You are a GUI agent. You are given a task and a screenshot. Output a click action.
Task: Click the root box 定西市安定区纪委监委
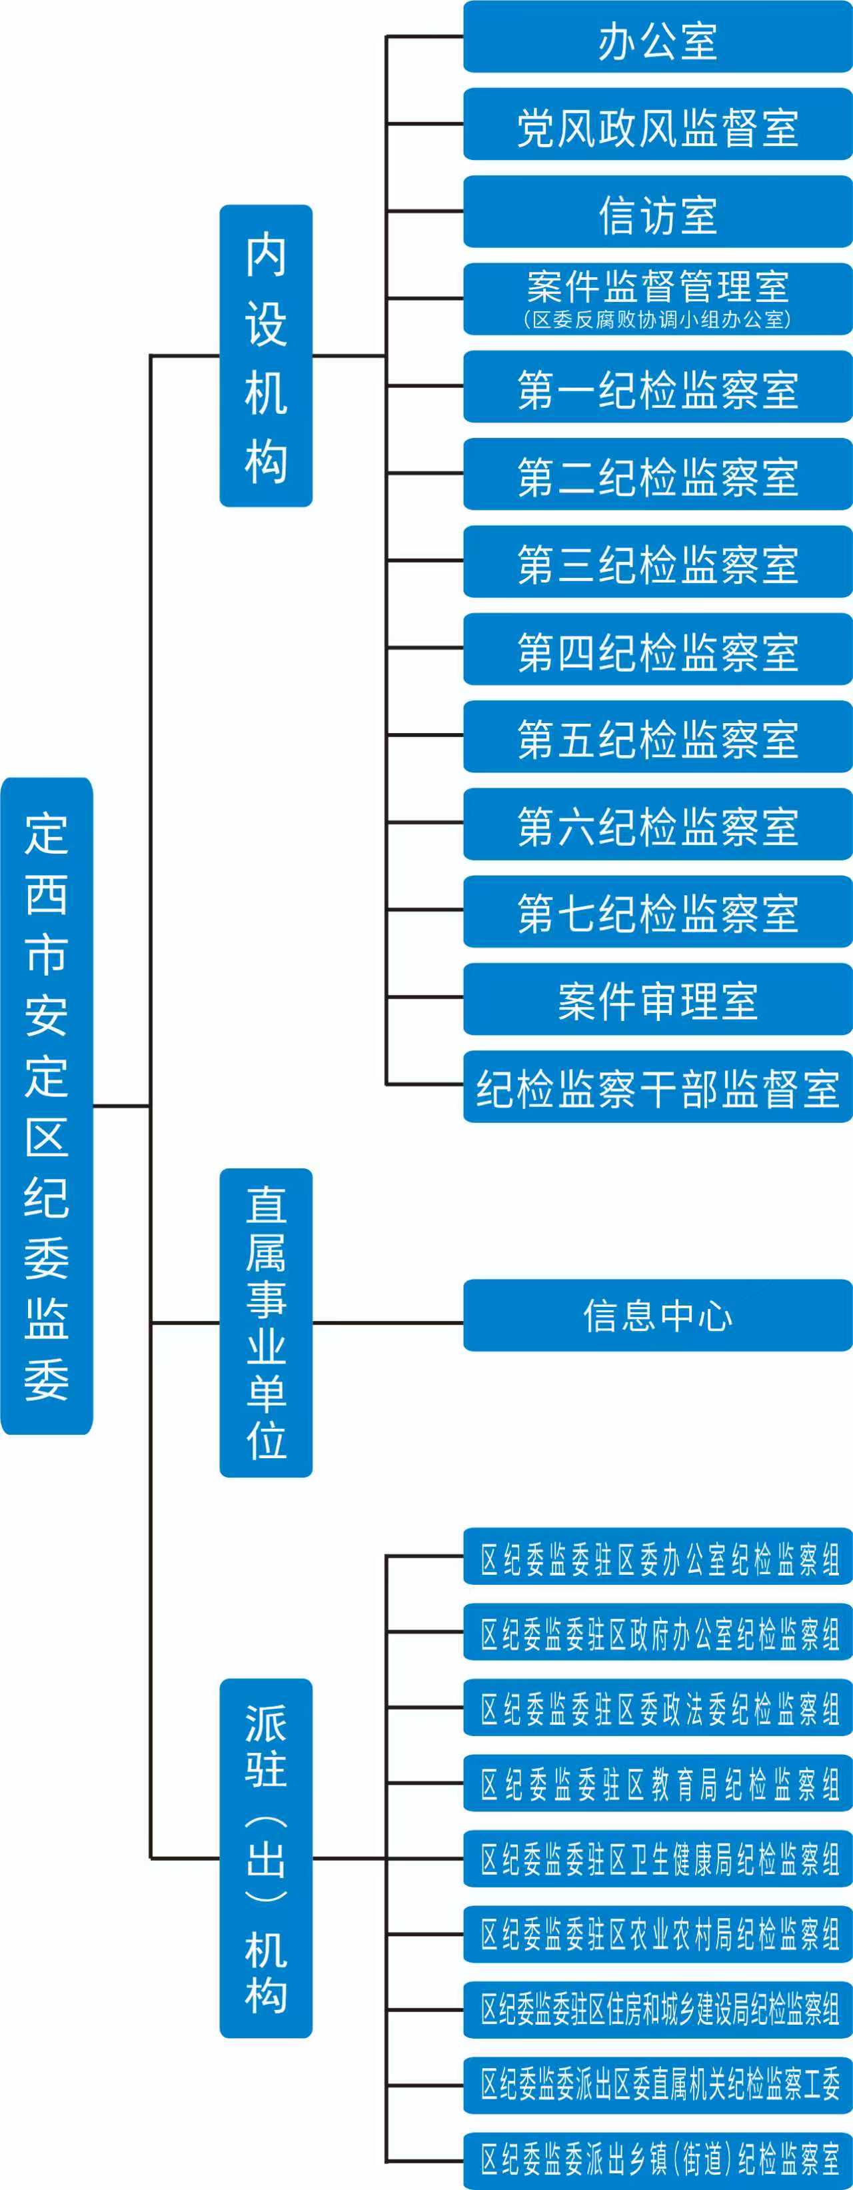(x=47, y=1105)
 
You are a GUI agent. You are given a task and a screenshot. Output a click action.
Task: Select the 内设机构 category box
(x=265, y=355)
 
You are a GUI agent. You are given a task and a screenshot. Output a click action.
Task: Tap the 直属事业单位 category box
(x=265, y=1322)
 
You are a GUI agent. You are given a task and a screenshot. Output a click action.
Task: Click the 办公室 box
(x=657, y=37)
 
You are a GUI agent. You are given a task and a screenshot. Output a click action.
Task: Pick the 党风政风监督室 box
(x=657, y=125)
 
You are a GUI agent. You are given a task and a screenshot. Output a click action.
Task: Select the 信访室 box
(x=657, y=213)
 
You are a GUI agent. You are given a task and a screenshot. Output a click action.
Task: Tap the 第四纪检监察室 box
(x=657, y=650)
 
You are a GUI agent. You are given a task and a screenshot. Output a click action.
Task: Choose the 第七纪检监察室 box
(x=657, y=912)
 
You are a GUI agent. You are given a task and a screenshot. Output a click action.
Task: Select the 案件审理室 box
(x=657, y=1000)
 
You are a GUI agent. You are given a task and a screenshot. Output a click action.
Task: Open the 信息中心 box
(x=657, y=1315)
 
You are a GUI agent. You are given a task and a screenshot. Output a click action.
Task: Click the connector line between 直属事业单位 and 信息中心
(x=387, y=1322)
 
